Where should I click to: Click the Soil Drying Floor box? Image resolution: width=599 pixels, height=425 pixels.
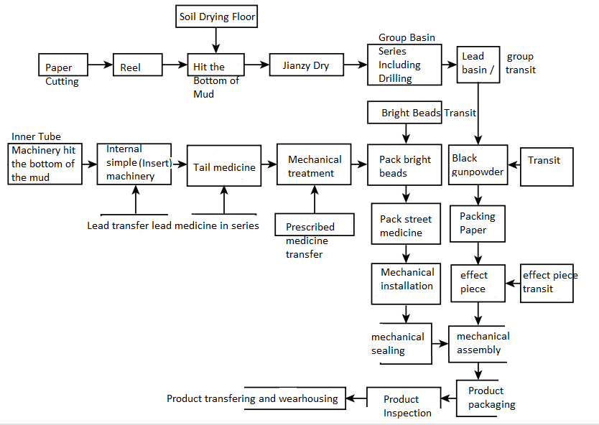[217, 17]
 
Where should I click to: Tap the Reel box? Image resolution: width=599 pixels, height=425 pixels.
[131, 67]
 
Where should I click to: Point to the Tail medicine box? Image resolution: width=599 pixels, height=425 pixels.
[224, 167]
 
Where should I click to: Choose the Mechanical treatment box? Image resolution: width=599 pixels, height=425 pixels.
[315, 166]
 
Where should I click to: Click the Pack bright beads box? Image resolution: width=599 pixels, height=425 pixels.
[406, 166]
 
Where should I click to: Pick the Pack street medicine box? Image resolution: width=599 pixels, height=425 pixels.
[406, 225]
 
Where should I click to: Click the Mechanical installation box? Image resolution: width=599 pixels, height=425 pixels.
[407, 280]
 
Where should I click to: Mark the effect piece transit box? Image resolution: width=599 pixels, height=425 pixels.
[547, 282]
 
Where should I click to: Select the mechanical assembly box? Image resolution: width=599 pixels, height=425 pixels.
[479, 343]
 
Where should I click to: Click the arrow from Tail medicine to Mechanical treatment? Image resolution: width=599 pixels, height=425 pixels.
[267, 164]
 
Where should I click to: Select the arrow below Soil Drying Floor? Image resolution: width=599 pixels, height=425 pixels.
[216, 40]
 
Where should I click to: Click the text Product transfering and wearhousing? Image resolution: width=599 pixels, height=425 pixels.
[253, 398]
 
